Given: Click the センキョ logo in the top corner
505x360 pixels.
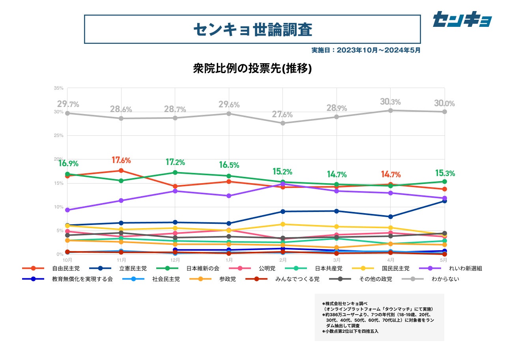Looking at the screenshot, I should tap(462, 19).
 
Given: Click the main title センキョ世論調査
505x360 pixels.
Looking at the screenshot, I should tap(252, 29).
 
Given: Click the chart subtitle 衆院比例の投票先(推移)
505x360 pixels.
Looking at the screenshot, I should tap(252, 68).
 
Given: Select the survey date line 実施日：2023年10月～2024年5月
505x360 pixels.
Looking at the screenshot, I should tap(366, 51).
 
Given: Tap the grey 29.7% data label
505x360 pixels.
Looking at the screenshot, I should tap(68, 104).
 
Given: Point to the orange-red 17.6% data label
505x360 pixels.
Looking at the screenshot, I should tap(121, 160).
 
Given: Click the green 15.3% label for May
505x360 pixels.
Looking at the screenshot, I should tap(445, 173).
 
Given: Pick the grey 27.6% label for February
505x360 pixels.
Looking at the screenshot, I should tap(282, 115).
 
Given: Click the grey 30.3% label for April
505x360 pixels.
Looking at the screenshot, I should tap(391, 102).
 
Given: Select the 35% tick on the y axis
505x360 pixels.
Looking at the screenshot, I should tap(59, 88).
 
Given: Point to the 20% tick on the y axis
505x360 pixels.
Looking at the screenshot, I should tap(59, 159).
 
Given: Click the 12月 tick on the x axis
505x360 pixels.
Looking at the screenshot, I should tap(175, 260).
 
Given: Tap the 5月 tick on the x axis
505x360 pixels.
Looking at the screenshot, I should tap(443, 260).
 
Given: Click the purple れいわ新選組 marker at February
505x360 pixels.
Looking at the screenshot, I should tap(282, 184).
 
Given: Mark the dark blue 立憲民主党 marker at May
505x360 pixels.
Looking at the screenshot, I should tap(444, 201).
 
